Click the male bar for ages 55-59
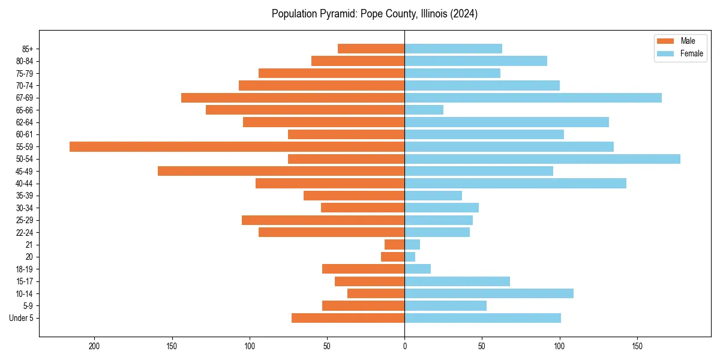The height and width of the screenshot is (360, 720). tap(237, 146)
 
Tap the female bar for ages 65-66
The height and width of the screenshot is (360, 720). tap(424, 110)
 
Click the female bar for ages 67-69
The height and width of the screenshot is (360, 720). tap(533, 98)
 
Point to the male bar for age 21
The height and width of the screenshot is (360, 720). tap(394, 244)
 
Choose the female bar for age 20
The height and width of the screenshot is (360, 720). tap(410, 257)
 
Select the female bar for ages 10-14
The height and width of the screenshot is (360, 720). tap(489, 293)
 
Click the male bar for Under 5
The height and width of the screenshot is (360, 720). tap(348, 318)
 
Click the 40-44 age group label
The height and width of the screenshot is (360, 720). tap(24, 184)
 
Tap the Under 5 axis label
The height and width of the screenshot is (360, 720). tap(21, 318)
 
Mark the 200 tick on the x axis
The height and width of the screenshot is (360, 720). tap(94, 346)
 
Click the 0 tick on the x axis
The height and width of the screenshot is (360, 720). tap(404, 346)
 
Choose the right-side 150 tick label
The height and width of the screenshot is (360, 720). tap(637, 346)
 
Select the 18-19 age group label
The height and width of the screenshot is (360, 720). tap(24, 269)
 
